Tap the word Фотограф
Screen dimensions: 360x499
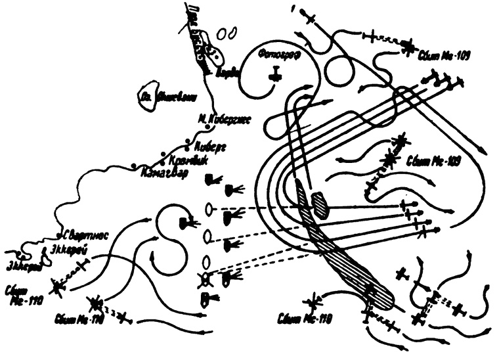click(278, 55)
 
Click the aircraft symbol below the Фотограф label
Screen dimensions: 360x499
click(276, 74)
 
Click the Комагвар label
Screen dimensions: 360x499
click(163, 173)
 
